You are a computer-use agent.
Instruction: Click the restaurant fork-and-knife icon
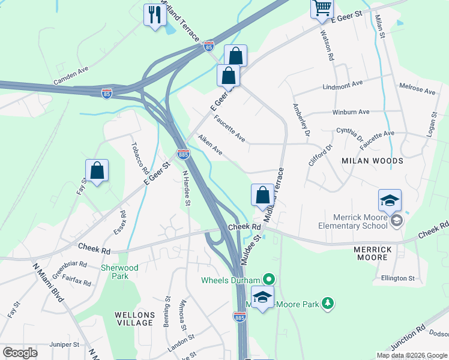point(155,14)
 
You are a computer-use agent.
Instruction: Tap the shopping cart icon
point(322,8)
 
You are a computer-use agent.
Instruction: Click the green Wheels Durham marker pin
point(269,280)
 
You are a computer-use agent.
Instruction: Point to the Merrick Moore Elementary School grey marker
point(396,221)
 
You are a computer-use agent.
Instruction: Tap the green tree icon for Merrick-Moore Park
point(328,304)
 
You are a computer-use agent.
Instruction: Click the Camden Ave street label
point(71,76)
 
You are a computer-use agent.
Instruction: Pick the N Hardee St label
point(186,188)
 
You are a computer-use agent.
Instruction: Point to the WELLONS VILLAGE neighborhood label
point(135,319)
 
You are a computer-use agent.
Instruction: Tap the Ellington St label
point(398,278)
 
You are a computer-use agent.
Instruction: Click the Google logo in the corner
point(20,352)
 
